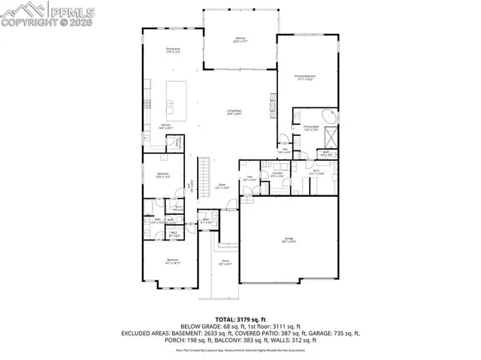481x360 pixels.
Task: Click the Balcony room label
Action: pyautogui.click(x=240, y=40)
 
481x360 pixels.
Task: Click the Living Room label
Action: pyautogui.click(x=234, y=113)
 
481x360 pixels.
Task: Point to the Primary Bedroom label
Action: pyautogui.click(x=305, y=77)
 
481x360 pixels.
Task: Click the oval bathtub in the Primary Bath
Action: pyautogui.click(x=328, y=116)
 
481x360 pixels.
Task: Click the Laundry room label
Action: pyautogui.click(x=277, y=174)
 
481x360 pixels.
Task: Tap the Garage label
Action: pyautogui.click(x=289, y=240)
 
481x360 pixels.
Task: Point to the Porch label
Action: pyautogui.click(x=225, y=263)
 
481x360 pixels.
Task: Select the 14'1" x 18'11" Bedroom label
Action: pyautogui.click(x=172, y=262)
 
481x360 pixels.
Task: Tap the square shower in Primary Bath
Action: pyautogui.click(x=331, y=138)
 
